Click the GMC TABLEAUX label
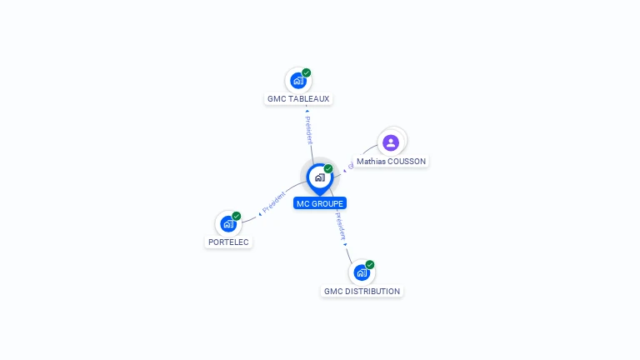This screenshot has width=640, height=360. pyautogui.click(x=298, y=98)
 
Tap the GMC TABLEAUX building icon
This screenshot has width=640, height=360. pyautogui.click(x=297, y=82)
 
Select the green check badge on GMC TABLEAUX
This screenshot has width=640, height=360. pyautogui.click(x=307, y=73)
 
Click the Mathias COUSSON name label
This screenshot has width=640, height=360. pyautogui.click(x=391, y=161)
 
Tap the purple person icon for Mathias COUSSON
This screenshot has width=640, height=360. pyautogui.click(x=391, y=142)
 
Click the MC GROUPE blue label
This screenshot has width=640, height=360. pyautogui.click(x=320, y=203)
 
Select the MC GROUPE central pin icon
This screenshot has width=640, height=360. pyautogui.click(x=319, y=177)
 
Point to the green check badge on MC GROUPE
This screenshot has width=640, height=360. pyautogui.click(x=328, y=169)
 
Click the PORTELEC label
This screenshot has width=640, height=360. pyautogui.click(x=228, y=242)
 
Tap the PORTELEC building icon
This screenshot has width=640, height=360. pyautogui.click(x=227, y=224)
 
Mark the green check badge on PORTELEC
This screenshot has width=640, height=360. pyautogui.click(x=237, y=216)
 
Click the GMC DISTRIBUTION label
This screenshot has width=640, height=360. pyautogui.click(x=362, y=291)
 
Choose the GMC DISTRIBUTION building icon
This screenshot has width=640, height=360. pyautogui.click(x=361, y=272)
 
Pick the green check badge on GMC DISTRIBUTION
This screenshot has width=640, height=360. pyautogui.click(x=370, y=265)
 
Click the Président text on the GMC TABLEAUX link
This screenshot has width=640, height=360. pyautogui.click(x=308, y=129)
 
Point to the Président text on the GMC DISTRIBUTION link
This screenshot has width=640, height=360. pyautogui.click(x=341, y=227)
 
